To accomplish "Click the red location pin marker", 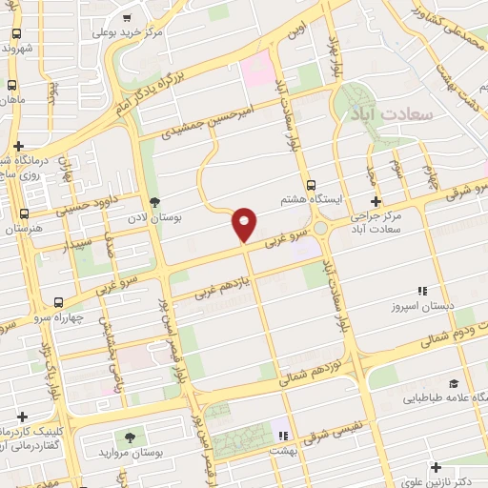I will (x=245, y=223).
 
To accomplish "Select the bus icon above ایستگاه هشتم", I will (x=311, y=185).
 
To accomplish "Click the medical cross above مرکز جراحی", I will (x=376, y=202).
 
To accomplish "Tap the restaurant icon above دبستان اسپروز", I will (x=420, y=292).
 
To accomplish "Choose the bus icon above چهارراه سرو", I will (x=61, y=301).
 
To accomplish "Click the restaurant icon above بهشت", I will (x=281, y=435).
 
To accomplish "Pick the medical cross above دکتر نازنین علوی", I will (x=436, y=467).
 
